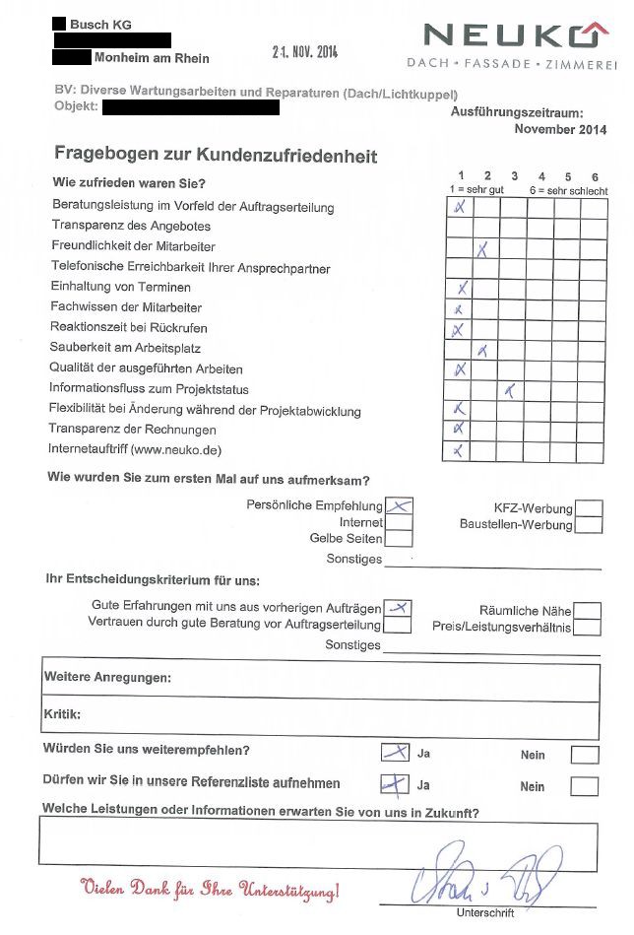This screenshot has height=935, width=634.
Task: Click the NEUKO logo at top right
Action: click(x=511, y=37)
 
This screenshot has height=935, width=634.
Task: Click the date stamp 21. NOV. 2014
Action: click(x=305, y=52)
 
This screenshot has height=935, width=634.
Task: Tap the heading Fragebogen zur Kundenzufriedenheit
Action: click(x=216, y=156)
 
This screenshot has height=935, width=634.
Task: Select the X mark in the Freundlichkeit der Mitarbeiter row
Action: click(x=482, y=249)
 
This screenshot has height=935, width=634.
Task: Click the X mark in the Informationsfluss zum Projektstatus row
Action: click(x=509, y=391)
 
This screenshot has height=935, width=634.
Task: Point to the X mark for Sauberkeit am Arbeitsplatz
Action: click(x=482, y=350)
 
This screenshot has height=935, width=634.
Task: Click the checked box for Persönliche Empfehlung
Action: click(x=398, y=506)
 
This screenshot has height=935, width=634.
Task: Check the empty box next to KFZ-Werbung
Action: click(x=589, y=508)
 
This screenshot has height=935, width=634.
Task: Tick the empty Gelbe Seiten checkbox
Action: click(x=398, y=539)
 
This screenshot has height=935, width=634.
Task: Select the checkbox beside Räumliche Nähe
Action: click(x=587, y=611)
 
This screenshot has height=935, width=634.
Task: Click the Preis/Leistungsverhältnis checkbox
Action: click(x=587, y=628)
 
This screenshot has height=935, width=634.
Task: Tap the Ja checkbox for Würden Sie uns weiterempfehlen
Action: click(x=396, y=753)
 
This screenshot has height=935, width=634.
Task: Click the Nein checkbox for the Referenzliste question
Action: click(x=584, y=786)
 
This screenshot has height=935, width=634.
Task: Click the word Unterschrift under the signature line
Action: click(x=485, y=913)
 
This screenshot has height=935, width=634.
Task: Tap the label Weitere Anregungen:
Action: click(x=107, y=678)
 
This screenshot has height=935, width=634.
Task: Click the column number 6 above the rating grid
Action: click(x=595, y=177)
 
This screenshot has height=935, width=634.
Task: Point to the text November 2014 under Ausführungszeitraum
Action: click(x=560, y=129)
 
